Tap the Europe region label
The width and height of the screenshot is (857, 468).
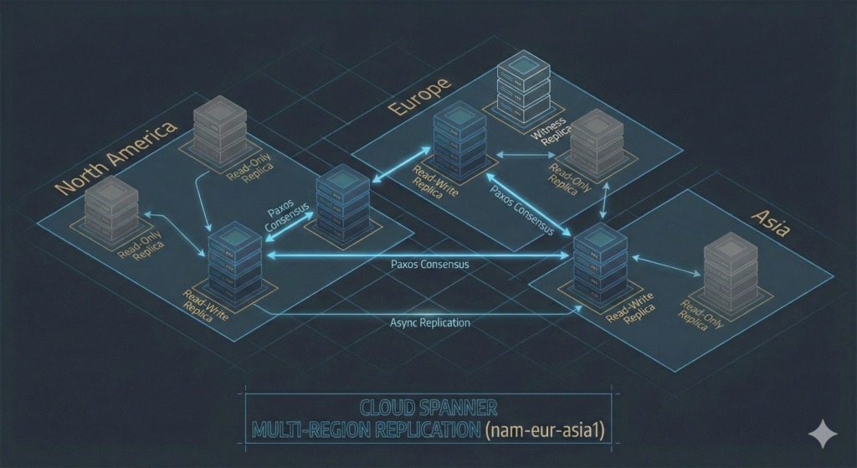[420, 96]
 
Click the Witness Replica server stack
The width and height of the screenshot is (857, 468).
[518, 87]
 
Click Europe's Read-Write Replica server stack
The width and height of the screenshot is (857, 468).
[459, 141]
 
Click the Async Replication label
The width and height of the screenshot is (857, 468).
[430, 322]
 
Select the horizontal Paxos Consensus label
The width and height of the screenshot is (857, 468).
[429, 264]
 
